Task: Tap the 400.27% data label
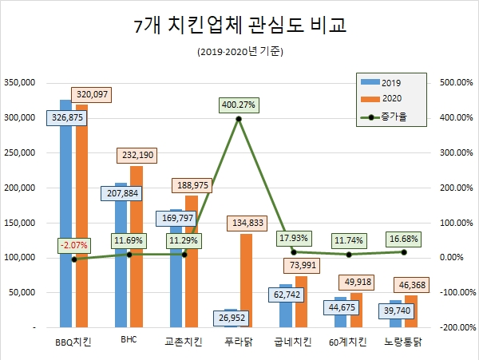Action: [x=238, y=104]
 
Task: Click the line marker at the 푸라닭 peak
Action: [x=238, y=119]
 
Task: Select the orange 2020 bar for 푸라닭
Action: [x=246, y=280]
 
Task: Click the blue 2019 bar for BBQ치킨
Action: [x=65, y=216]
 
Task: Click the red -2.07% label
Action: [x=73, y=244]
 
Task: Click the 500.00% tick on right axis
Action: [x=456, y=82]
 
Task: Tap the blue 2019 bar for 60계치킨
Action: [x=341, y=312]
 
